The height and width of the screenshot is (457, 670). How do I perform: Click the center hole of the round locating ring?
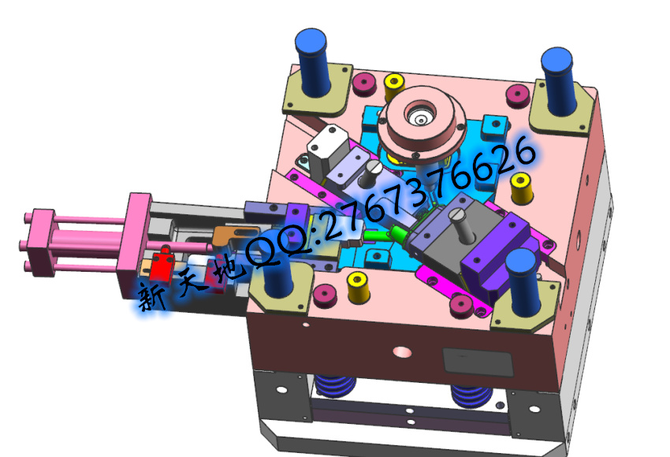pos(420,117)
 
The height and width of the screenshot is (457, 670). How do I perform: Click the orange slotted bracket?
pos(234,234)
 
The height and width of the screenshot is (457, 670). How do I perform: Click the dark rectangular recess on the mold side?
pos(478,362)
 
